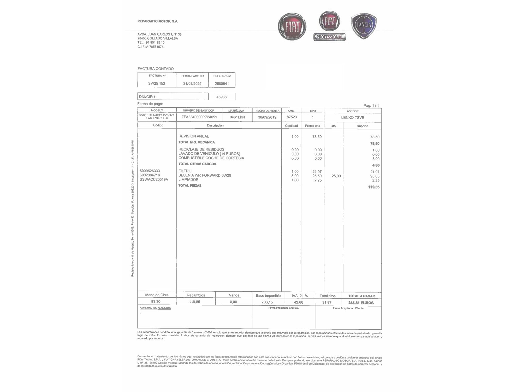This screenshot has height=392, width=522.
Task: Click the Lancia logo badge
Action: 364,26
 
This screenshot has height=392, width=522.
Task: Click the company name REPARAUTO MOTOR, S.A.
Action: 158,21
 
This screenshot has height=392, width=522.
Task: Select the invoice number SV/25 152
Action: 157,83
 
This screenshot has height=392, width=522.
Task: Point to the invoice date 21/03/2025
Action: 192,84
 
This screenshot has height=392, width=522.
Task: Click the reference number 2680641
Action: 222,84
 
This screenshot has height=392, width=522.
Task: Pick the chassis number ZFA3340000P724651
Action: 199,117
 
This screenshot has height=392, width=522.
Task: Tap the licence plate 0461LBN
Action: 237,117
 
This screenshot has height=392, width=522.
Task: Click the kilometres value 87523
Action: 292,117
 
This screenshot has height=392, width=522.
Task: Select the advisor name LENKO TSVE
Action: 352,118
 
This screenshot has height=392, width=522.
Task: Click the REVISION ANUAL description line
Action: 194,136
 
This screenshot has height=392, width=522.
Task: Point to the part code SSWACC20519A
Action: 154,180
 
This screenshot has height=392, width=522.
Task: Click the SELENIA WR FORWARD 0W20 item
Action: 205,175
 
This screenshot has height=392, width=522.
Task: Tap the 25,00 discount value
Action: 336,176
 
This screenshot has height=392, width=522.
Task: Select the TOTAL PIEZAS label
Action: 190,186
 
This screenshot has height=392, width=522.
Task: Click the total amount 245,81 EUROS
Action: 361,303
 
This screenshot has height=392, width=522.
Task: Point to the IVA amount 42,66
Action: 299,302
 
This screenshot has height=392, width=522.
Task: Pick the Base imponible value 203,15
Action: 267,302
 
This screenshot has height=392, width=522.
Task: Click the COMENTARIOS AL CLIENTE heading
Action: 155,308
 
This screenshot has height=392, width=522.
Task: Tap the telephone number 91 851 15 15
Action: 155,43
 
